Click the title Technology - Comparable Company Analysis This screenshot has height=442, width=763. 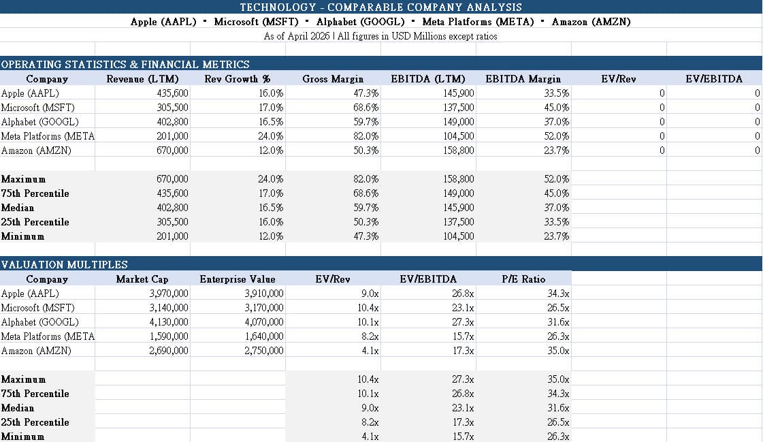click(x=380, y=7)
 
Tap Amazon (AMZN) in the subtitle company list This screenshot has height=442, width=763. click(x=591, y=22)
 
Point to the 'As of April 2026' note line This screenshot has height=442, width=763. click(x=380, y=36)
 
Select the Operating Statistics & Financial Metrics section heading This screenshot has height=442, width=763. click(x=125, y=64)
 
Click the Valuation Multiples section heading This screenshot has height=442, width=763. click(x=65, y=264)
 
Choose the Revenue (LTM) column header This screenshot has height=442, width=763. click(x=143, y=79)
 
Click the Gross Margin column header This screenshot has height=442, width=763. click(x=333, y=79)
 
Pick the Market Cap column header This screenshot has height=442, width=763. click(x=142, y=279)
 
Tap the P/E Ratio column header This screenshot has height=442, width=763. click(x=523, y=279)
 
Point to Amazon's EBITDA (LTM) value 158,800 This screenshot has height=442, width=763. click(x=458, y=151)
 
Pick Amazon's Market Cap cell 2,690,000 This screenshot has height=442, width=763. click(x=168, y=351)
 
